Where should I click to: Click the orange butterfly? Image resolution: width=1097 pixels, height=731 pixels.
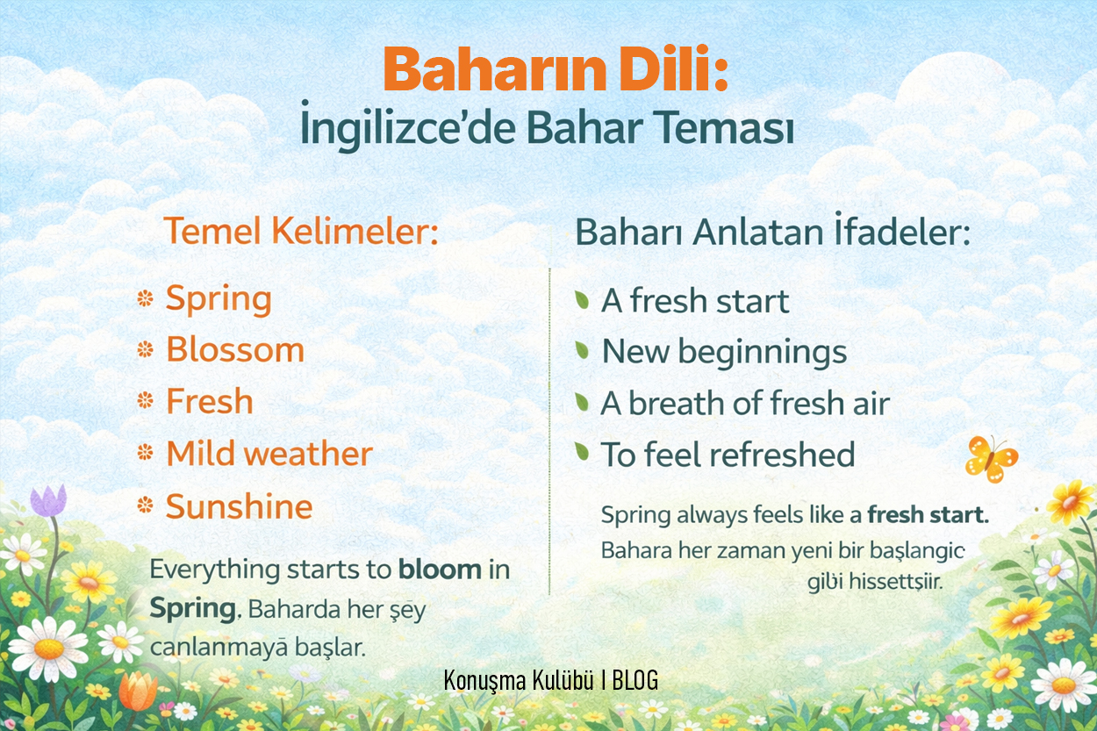[991, 459]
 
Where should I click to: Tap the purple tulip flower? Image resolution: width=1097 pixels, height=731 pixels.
[48, 500]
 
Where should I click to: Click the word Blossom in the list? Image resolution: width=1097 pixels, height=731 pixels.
[235, 350]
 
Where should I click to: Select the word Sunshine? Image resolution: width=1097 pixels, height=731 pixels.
[240, 505]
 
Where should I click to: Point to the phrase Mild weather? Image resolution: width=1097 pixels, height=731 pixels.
[269, 453]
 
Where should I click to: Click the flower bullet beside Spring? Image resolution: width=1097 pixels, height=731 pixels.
[145, 298]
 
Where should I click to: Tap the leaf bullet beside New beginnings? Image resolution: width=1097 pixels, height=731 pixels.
[582, 350]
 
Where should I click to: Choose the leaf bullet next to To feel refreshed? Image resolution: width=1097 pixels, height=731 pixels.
[582, 451]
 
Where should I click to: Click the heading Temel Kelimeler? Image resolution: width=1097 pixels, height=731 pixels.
[301, 231]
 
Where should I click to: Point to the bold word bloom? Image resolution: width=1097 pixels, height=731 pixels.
[441, 570]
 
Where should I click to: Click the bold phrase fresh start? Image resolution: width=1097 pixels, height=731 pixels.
[929, 514]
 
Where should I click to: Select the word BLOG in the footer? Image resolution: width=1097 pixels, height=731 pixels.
[635, 679]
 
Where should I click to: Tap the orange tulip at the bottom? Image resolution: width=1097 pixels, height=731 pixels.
[138, 692]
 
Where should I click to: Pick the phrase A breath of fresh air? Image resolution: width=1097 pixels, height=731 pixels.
[745, 403]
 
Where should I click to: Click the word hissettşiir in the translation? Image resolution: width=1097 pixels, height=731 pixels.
[896, 582]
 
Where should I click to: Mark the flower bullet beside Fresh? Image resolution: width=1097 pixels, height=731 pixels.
[145, 400]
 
